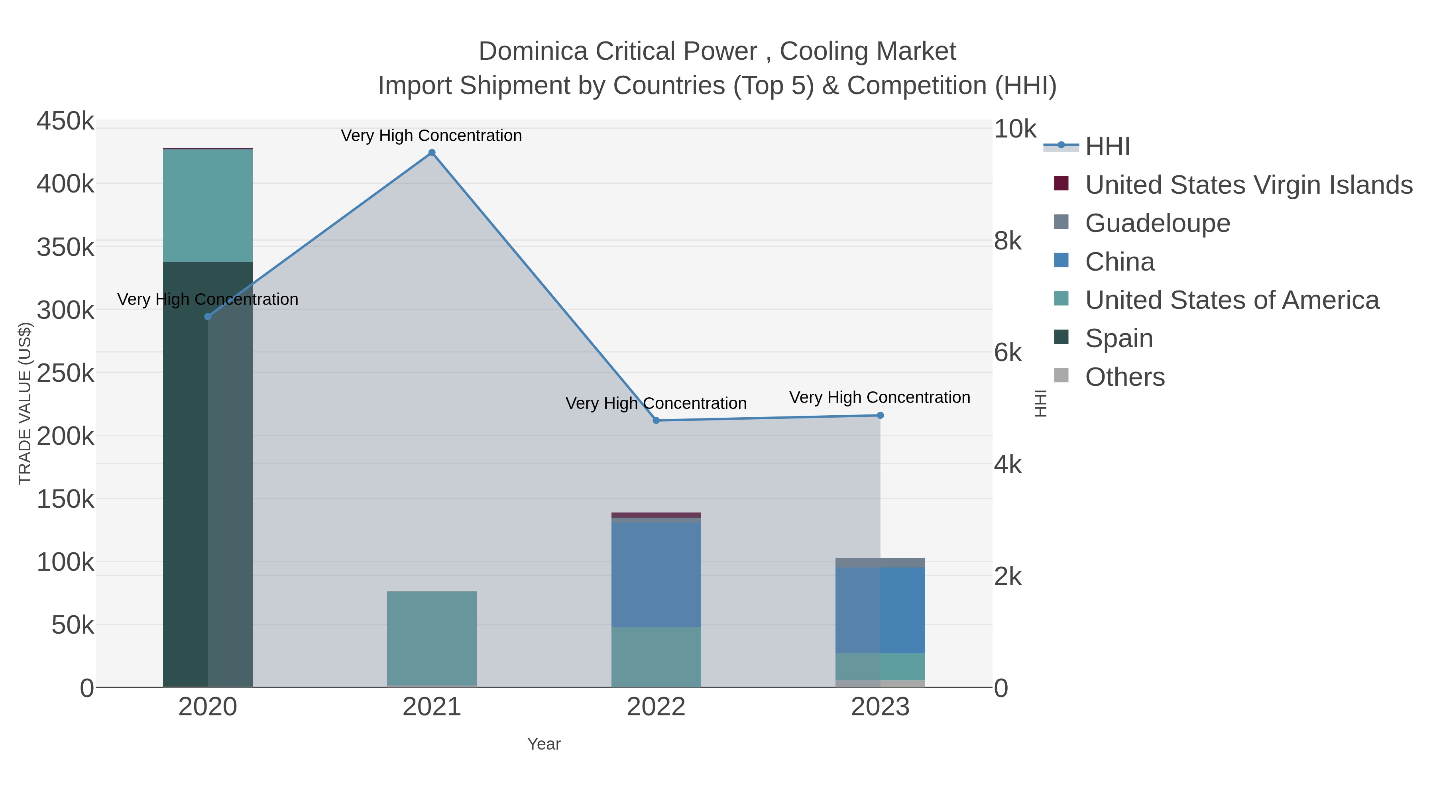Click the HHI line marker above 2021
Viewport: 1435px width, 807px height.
coord(432,153)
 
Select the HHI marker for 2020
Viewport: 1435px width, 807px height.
coord(208,316)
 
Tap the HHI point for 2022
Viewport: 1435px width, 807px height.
coord(656,420)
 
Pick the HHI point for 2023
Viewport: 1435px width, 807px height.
coord(880,416)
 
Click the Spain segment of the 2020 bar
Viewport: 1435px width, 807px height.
coord(207,473)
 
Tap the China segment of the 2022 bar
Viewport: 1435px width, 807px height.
coord(656,573)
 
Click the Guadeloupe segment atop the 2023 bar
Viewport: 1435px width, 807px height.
coord(880,562)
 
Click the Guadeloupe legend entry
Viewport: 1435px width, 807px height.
coord(1157,223)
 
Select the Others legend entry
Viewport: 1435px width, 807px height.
coord(1124,377)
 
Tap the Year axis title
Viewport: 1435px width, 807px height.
coord(544,744)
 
